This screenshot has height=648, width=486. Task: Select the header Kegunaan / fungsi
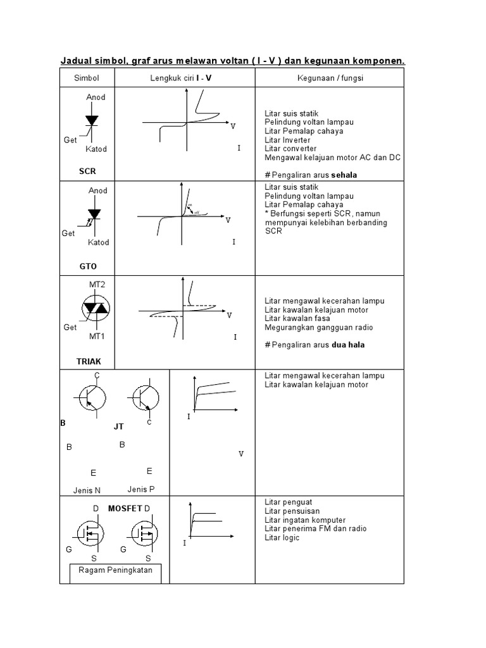click(x=329, y=77)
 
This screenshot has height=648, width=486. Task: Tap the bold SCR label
click(x=87, y=171)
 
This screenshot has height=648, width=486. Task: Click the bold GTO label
click(x=88, y=266)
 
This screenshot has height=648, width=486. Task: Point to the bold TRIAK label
click(x=89, y=361)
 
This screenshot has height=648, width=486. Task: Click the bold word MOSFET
click(x=125, y=508)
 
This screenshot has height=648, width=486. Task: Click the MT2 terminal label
click(x=97, y=284)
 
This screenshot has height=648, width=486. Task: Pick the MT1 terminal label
click(x=97, y=335)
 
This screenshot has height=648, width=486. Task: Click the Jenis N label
click(x=87, y=490)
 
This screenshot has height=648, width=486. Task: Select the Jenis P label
click(x=140, y=489)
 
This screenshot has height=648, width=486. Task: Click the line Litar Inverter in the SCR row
click(x=287, y=140)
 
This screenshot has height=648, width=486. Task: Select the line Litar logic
click(x=282, y=537)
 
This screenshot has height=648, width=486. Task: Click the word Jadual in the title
click(x=75, y=61)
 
